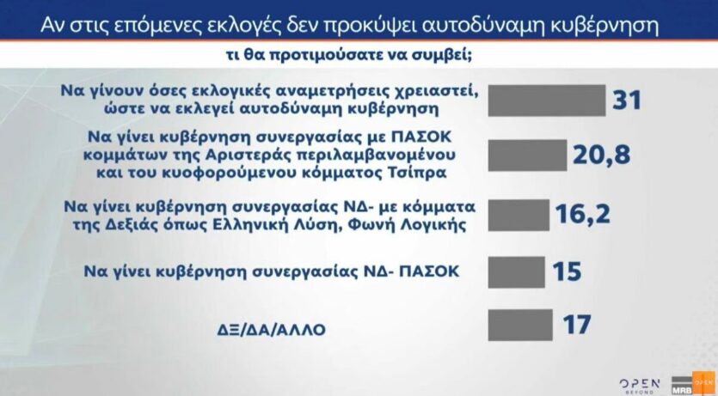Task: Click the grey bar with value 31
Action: [547, 101]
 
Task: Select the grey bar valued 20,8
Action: [527, 155]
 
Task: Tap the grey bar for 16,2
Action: [519, 215]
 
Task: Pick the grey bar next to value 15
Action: [517, 272]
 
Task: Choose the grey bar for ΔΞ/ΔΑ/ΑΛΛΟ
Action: [520, 325]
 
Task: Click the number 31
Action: [626, 100]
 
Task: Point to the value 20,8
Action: [601, 155]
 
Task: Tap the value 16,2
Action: [583, 213]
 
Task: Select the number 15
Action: [567, 271]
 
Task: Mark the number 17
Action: [576, 324]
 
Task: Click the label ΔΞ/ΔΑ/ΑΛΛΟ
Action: [271, 329]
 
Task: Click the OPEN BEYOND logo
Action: [640, 386]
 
